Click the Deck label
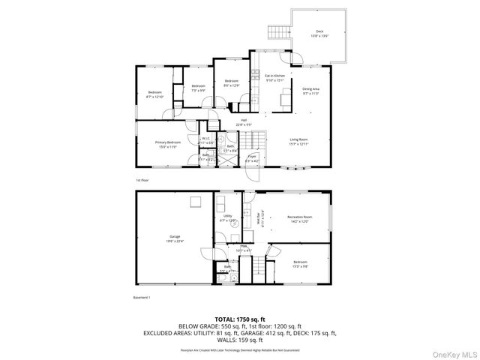(319, 31)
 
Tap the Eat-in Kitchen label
(275, 76)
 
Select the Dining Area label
(310, 89)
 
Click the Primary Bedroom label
(167, 142)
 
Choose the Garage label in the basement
(174, 237)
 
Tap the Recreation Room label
(298, 217)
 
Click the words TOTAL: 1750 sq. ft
(240, 319)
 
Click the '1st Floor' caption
(142, 180)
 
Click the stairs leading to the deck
(278, 31)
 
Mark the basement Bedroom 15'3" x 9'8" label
(300, 263)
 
